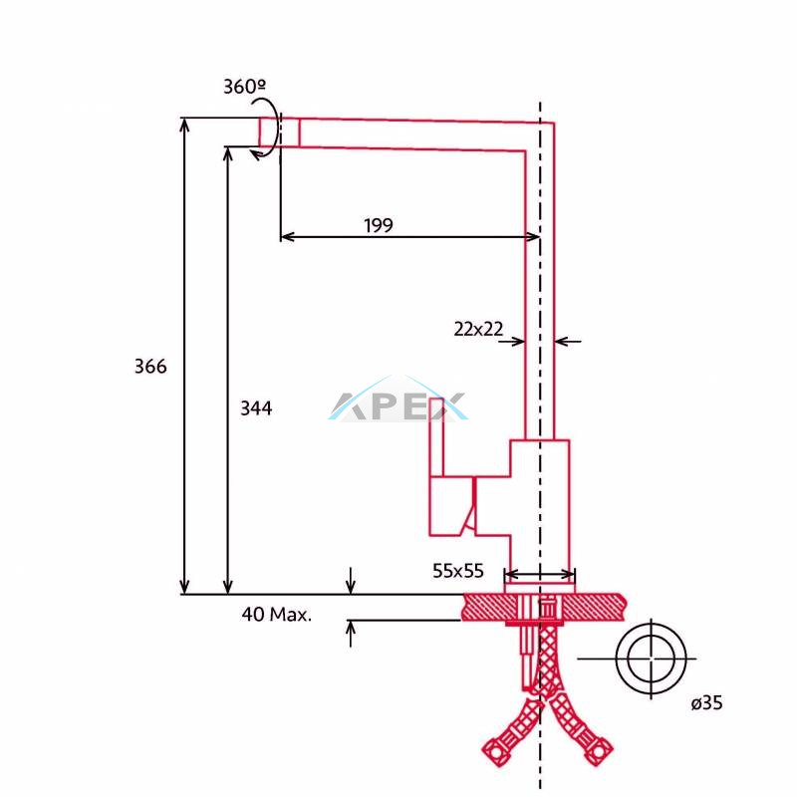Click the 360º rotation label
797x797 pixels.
(x=244, y=87)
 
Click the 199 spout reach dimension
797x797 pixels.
(x=379, y=225)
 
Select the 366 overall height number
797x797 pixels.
(x=150, y=366)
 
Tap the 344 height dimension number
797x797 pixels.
(x=256, y=407)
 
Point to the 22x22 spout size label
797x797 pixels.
(x=478, y=329)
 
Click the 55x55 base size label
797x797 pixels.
(x=458, y=571)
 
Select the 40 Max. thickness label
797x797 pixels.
(x=277, y=614)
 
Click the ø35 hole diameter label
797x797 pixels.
(x=706, y=703)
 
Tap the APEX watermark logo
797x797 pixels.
(x=398, y=400)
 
